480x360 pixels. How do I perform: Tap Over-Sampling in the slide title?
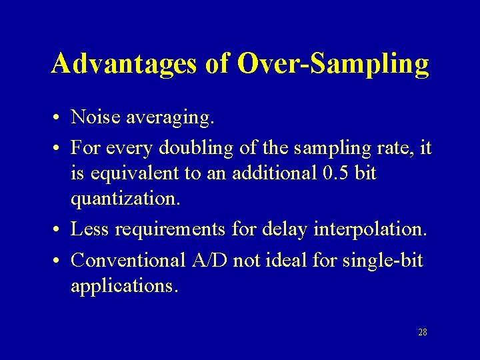pos(333,65)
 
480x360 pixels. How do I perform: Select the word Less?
pos(90,229)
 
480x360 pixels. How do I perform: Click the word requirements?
pos(171,230)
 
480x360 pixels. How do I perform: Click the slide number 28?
pos(422,332)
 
